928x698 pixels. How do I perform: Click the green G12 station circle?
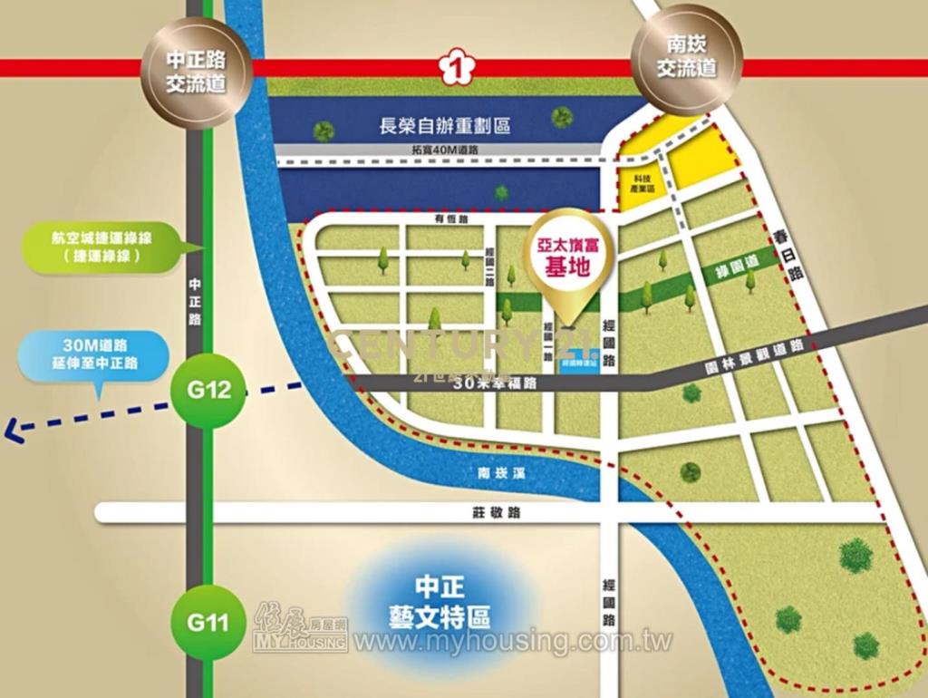click(207, 391)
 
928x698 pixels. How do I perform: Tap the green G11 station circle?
click(207, 623)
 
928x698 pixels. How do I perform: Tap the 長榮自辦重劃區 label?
click(444, 126)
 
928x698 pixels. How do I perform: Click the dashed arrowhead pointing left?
click(14, 430)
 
